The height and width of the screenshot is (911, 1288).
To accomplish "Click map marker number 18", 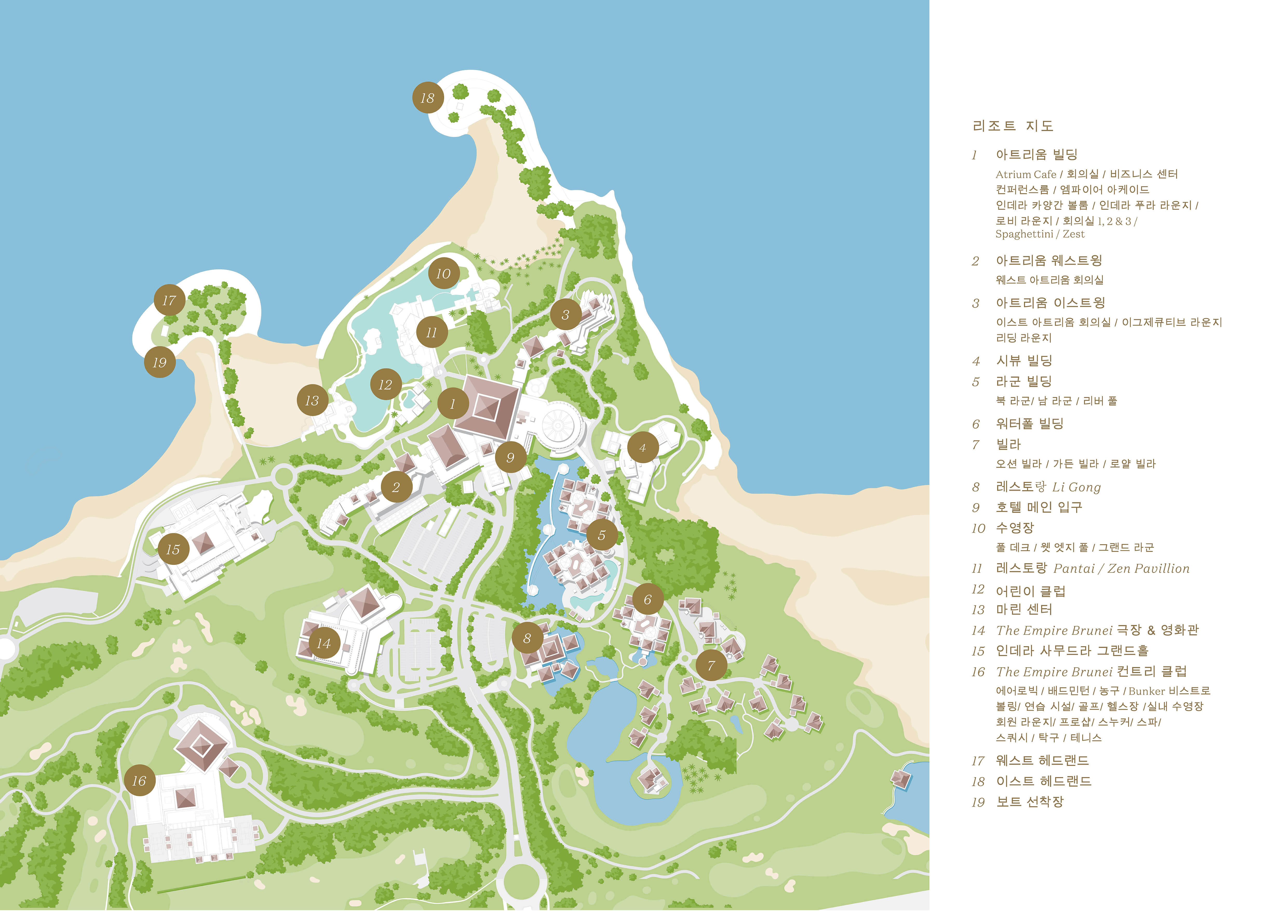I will coord(428,98).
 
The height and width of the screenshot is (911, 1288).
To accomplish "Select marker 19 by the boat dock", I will coord(160,362).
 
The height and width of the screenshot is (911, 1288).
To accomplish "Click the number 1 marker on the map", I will coord(453,404).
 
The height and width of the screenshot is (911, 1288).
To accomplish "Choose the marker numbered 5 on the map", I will coord(602,535).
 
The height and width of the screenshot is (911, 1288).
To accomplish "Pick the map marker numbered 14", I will coord(324,643).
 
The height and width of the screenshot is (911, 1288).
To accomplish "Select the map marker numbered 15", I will coord(173,549).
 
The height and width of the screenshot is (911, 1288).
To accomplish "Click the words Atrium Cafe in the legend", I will coord(1026,174).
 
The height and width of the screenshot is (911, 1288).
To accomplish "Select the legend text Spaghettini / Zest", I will coord(1040,234).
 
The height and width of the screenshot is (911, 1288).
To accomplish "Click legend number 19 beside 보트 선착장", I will coord(978,802).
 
